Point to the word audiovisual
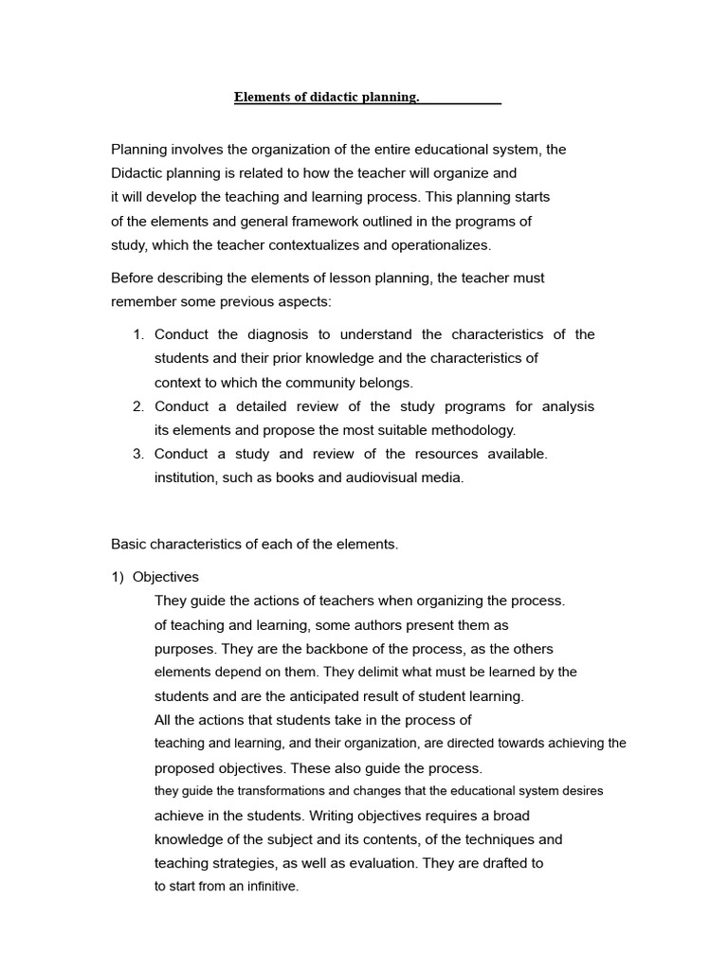coord(382,477)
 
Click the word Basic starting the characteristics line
coord(130,544)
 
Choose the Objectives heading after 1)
coord(166,577)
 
